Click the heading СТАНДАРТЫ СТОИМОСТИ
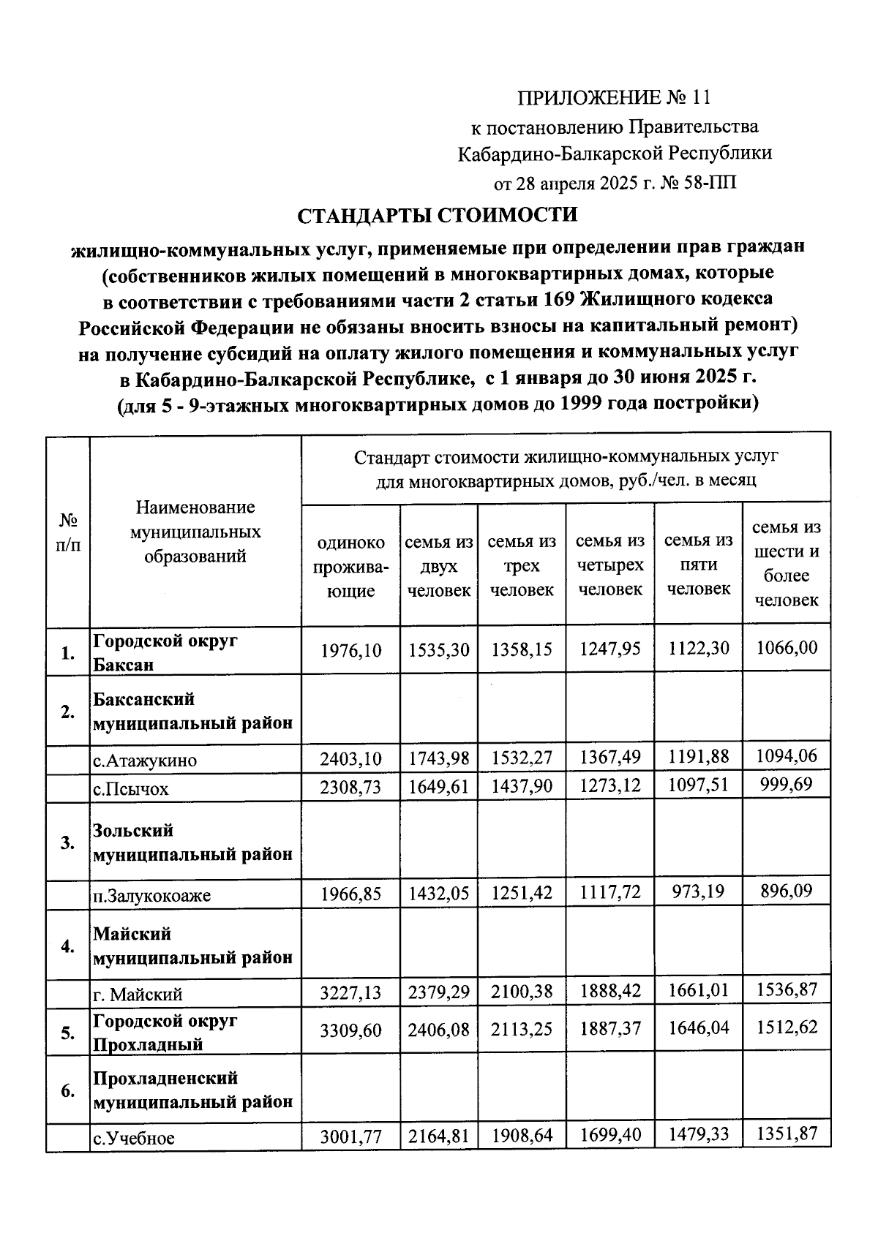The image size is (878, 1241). [x=437, y=216]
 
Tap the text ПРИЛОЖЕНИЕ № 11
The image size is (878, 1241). [x=614, y=98]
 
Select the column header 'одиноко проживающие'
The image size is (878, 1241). [x=350, y=566]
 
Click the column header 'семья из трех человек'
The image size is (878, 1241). [x=522, y=565]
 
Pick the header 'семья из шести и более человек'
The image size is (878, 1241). [x=787, y=563]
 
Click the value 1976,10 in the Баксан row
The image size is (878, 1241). [x=350, y=649]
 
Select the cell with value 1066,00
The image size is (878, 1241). [x=787, y=648]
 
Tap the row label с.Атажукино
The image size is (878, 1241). [x=145, y=761]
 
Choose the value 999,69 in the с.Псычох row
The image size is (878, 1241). [x=787, y=785]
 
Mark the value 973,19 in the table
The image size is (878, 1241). [x=698, y=891]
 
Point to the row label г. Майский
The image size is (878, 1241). [x=138, y=995]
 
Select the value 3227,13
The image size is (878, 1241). [x=350, y=992]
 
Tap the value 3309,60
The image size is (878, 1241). [x=350, y=1030]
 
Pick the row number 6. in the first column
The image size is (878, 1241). [x=67, y=1091]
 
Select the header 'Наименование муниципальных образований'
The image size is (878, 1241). [x=195, y=532]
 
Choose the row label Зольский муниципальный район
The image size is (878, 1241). [x=192, y=842]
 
